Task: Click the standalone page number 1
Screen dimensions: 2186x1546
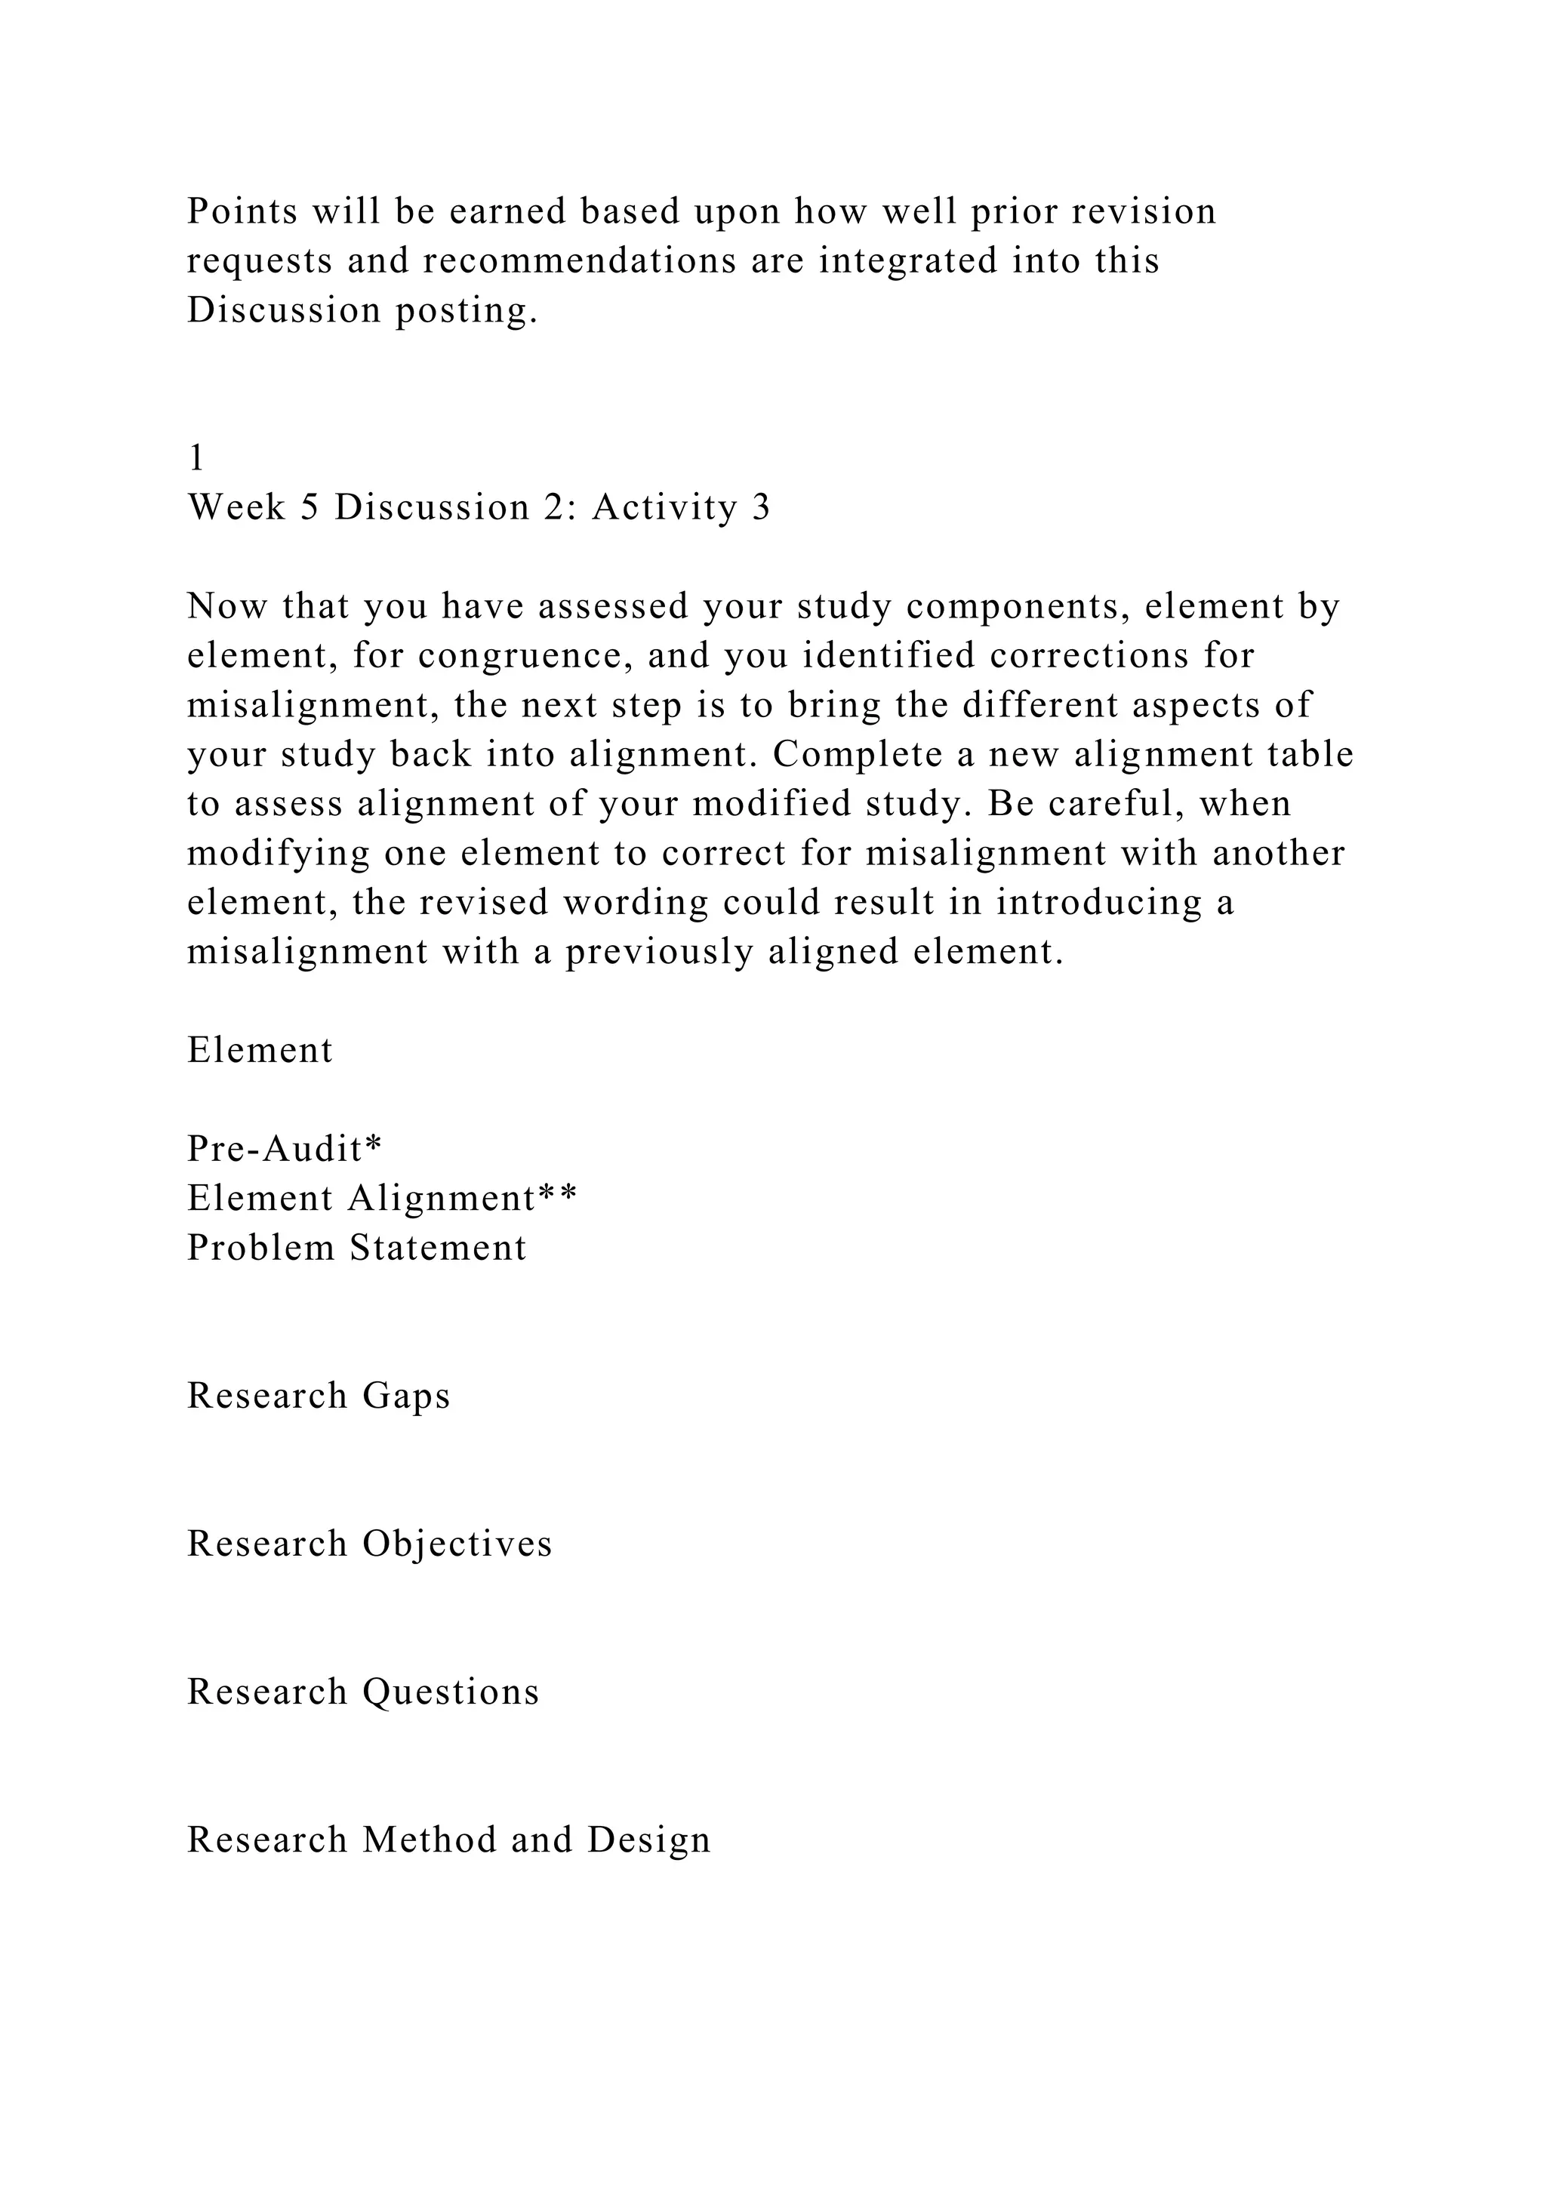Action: pos(196,459)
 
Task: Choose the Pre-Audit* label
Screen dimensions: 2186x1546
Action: pos(284,1149)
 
